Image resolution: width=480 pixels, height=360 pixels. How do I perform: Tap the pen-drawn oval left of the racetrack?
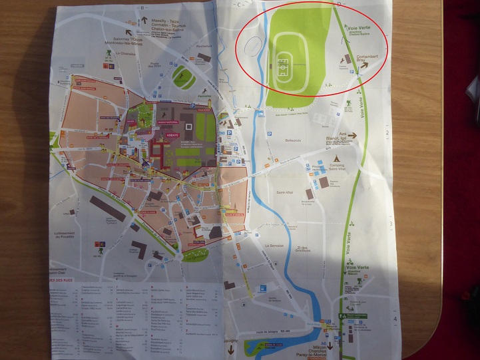253,46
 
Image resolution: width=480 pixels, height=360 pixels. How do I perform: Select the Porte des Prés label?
155,66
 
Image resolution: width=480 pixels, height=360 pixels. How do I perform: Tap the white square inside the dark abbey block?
189,126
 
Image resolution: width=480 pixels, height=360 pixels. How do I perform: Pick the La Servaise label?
273,245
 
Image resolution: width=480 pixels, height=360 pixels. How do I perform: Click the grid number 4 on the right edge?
395,319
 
